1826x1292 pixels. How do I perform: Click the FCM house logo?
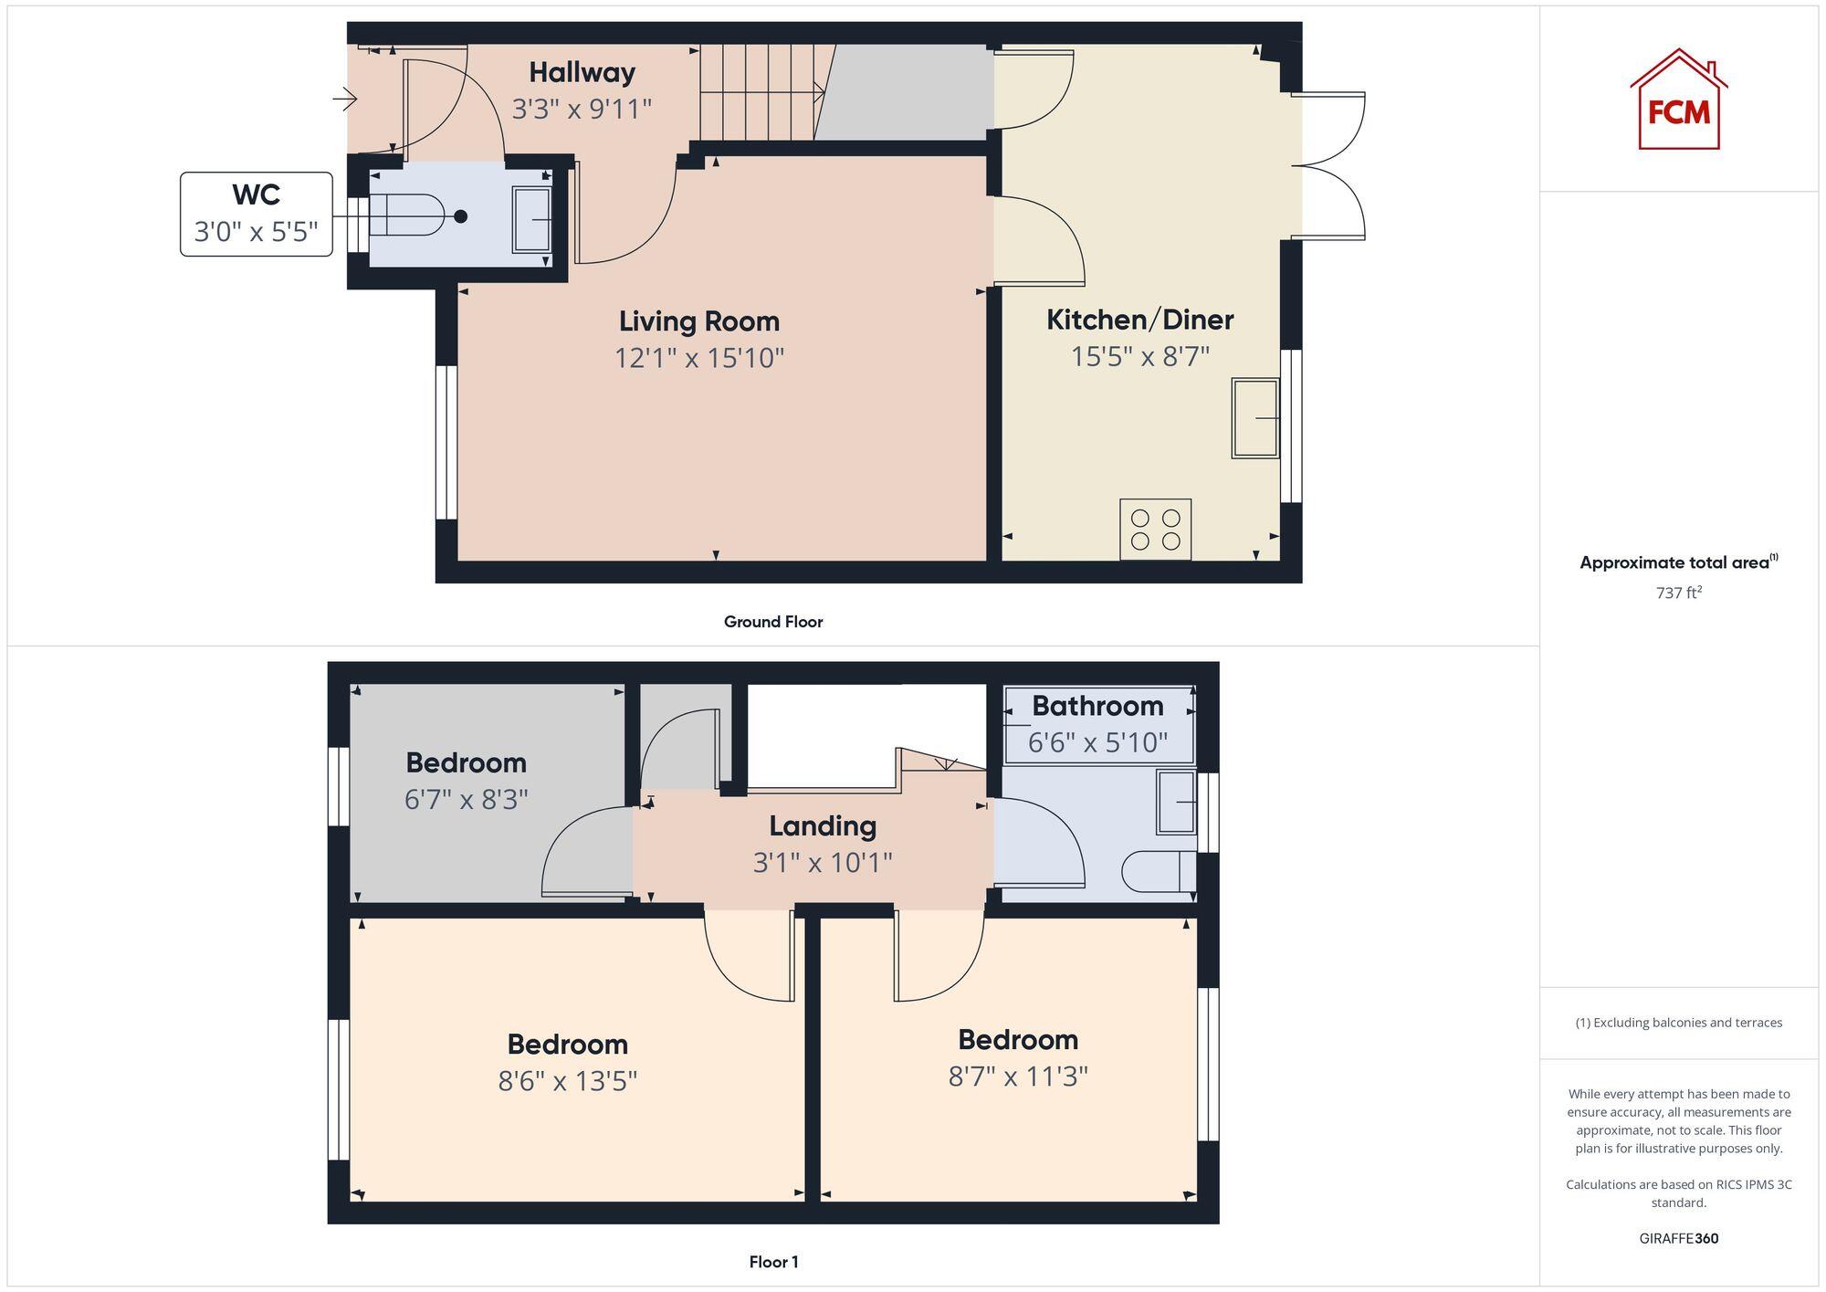pyautogui.click(x=1678, y=100)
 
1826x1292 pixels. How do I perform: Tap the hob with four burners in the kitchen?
pyautogui.click(x=1155, y=529)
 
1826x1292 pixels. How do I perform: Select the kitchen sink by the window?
pyautogui.click(x=1255, y=417)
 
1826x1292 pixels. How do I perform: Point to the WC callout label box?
pyautogui.click(x=257, y=214)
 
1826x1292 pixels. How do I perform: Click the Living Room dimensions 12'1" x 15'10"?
pyautogui.click(x=699, y=358)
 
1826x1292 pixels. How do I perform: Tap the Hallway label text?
pyautogui.click(x=582, y=72)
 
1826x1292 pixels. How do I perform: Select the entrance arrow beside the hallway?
pyautogui.click(x=345, y=98)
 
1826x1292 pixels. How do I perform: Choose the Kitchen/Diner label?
pyautogui.click(x=1139, y=320)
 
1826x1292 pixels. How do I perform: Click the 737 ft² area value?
pyautogui.click(x=1678, y=593)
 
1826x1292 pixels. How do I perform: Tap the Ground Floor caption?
pyautogui.click(x=773, y=622)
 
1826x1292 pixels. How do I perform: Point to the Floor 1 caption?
pyautogui.click(x=773, y=1262)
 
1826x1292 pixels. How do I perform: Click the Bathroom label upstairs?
pyautogui.click(x=1097, y=706)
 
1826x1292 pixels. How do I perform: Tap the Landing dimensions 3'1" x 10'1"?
pyautogui.click(x=822, y=862)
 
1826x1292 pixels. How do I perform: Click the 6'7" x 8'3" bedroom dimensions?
pyautogui.click(x=466, y=800)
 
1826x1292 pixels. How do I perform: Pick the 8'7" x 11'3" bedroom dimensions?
pyautogui.click(x=1018, y=1077)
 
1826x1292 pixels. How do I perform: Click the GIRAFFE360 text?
pyautogui.click(x=1678, y=1238)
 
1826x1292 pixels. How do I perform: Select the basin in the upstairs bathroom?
pyautogui.click(x=1176, y=802)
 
